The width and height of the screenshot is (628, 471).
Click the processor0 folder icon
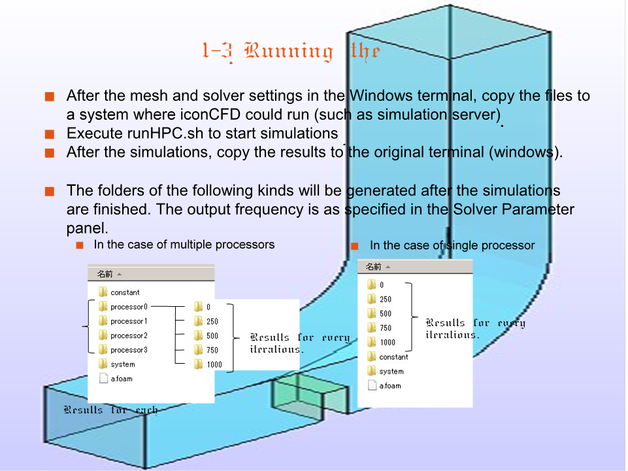point(103,307)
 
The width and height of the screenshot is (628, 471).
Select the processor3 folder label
point(129,350)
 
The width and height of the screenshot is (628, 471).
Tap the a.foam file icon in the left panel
point(103,379)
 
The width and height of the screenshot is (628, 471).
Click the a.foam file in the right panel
point(390,386)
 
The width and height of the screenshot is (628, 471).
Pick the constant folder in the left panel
point(124,292)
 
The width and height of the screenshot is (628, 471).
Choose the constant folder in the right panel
point(393,357)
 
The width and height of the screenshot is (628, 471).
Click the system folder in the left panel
point(122,364)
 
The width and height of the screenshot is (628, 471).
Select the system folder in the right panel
point(391,372)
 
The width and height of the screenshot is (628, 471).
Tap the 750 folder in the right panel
point(385,328)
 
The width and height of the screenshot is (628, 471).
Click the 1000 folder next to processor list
point(214,365)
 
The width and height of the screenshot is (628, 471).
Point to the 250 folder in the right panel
point(385,300)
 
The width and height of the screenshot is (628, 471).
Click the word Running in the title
point(288,51)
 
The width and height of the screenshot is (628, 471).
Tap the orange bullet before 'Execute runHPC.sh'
point(49,135)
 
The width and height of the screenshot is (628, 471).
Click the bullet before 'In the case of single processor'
point(355,247)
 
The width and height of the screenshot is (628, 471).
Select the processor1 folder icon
point(103,321)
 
